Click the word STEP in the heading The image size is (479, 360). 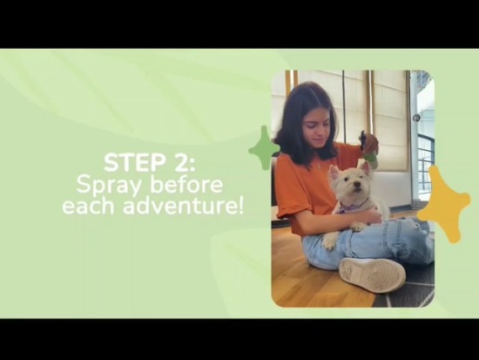(x=132, y=163)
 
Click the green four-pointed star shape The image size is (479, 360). (x=264, y=148)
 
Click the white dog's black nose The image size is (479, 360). (x=355, y=185)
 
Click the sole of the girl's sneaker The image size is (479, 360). (x=373, y=275)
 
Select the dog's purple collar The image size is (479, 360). (x=354, y=205)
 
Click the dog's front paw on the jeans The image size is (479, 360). (x=357, y=227)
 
